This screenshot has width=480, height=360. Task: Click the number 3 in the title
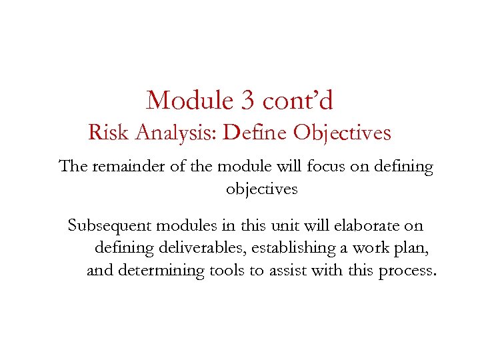[x=245, y=101]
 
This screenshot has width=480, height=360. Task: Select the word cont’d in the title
[x=298, y=101]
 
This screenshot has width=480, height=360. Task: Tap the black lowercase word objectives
[x=261, y=189]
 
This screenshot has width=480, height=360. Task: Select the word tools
[x=228, y=271]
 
